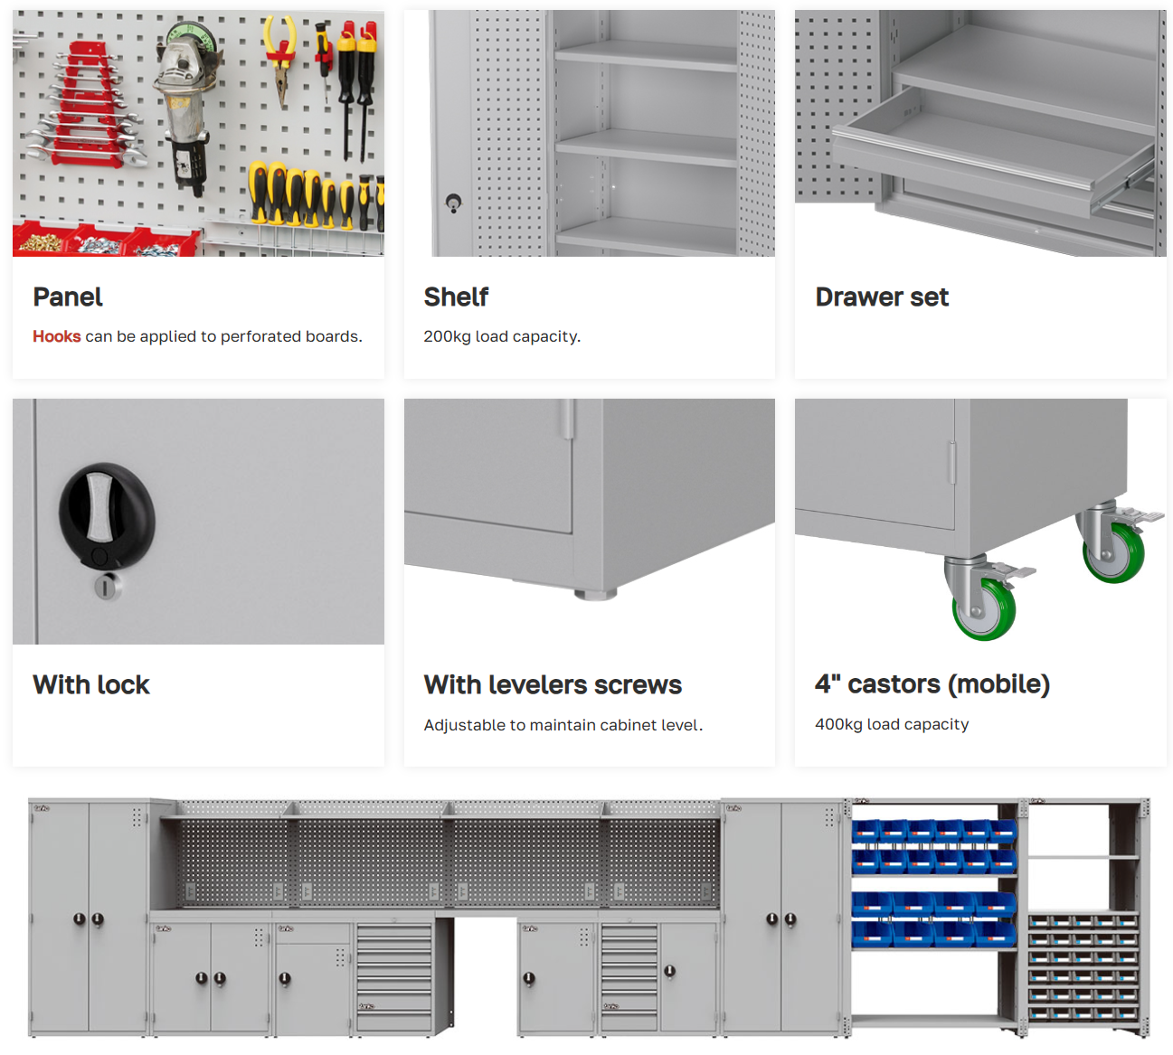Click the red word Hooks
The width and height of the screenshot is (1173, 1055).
(57, 336)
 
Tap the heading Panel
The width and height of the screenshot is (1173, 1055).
(68, 297)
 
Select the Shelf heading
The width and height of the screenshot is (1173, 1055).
(456, 297)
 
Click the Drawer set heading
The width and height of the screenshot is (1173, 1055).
(881, 297)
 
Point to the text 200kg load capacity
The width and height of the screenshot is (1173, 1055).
(502, 336)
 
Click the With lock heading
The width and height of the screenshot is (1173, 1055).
(91, 684)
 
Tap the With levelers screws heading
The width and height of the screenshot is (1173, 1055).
(553, 684)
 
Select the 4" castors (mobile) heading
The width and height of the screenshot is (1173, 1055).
(932, 683)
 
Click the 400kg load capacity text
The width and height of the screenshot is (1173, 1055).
(892, 724)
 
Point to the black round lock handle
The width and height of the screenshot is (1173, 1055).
(107, 516)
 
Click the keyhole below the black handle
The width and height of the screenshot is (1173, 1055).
(108, 586)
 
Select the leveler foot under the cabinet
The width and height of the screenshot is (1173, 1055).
(595, 594)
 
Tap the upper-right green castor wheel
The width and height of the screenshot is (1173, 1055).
(1113, 552)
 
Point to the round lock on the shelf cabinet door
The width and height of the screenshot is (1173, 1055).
(453, 203)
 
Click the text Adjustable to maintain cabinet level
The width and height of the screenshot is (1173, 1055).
(563, 725)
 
